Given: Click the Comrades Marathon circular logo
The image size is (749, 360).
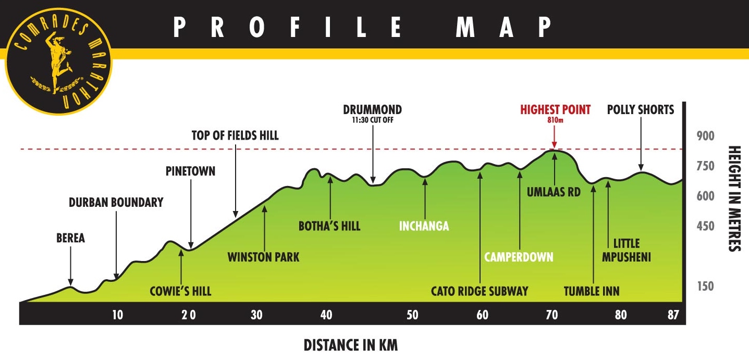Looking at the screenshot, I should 51,57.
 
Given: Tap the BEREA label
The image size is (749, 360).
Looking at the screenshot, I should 70,239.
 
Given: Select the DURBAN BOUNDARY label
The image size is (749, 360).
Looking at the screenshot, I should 116,203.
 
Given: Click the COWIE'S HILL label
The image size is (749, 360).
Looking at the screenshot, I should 180,291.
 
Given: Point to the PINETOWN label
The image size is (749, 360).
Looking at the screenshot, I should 190,171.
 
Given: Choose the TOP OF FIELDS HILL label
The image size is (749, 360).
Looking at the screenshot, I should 235,136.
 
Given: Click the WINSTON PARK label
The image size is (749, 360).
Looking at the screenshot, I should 264,257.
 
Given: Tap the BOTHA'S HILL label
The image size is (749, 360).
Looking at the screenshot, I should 329,226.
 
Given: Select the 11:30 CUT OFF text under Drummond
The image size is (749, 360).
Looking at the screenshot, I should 372,120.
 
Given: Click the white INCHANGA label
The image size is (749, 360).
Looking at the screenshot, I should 424,226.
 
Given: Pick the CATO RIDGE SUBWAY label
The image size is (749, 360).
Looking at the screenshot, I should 480,291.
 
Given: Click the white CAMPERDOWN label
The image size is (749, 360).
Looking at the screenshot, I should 519,257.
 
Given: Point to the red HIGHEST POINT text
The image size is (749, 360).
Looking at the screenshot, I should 556,110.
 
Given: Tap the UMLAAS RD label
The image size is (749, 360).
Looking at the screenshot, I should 554,192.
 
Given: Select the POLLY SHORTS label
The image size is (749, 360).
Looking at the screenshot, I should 641,110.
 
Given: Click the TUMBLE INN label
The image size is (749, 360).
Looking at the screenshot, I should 592,291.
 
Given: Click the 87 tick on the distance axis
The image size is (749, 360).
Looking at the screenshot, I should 673,315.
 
